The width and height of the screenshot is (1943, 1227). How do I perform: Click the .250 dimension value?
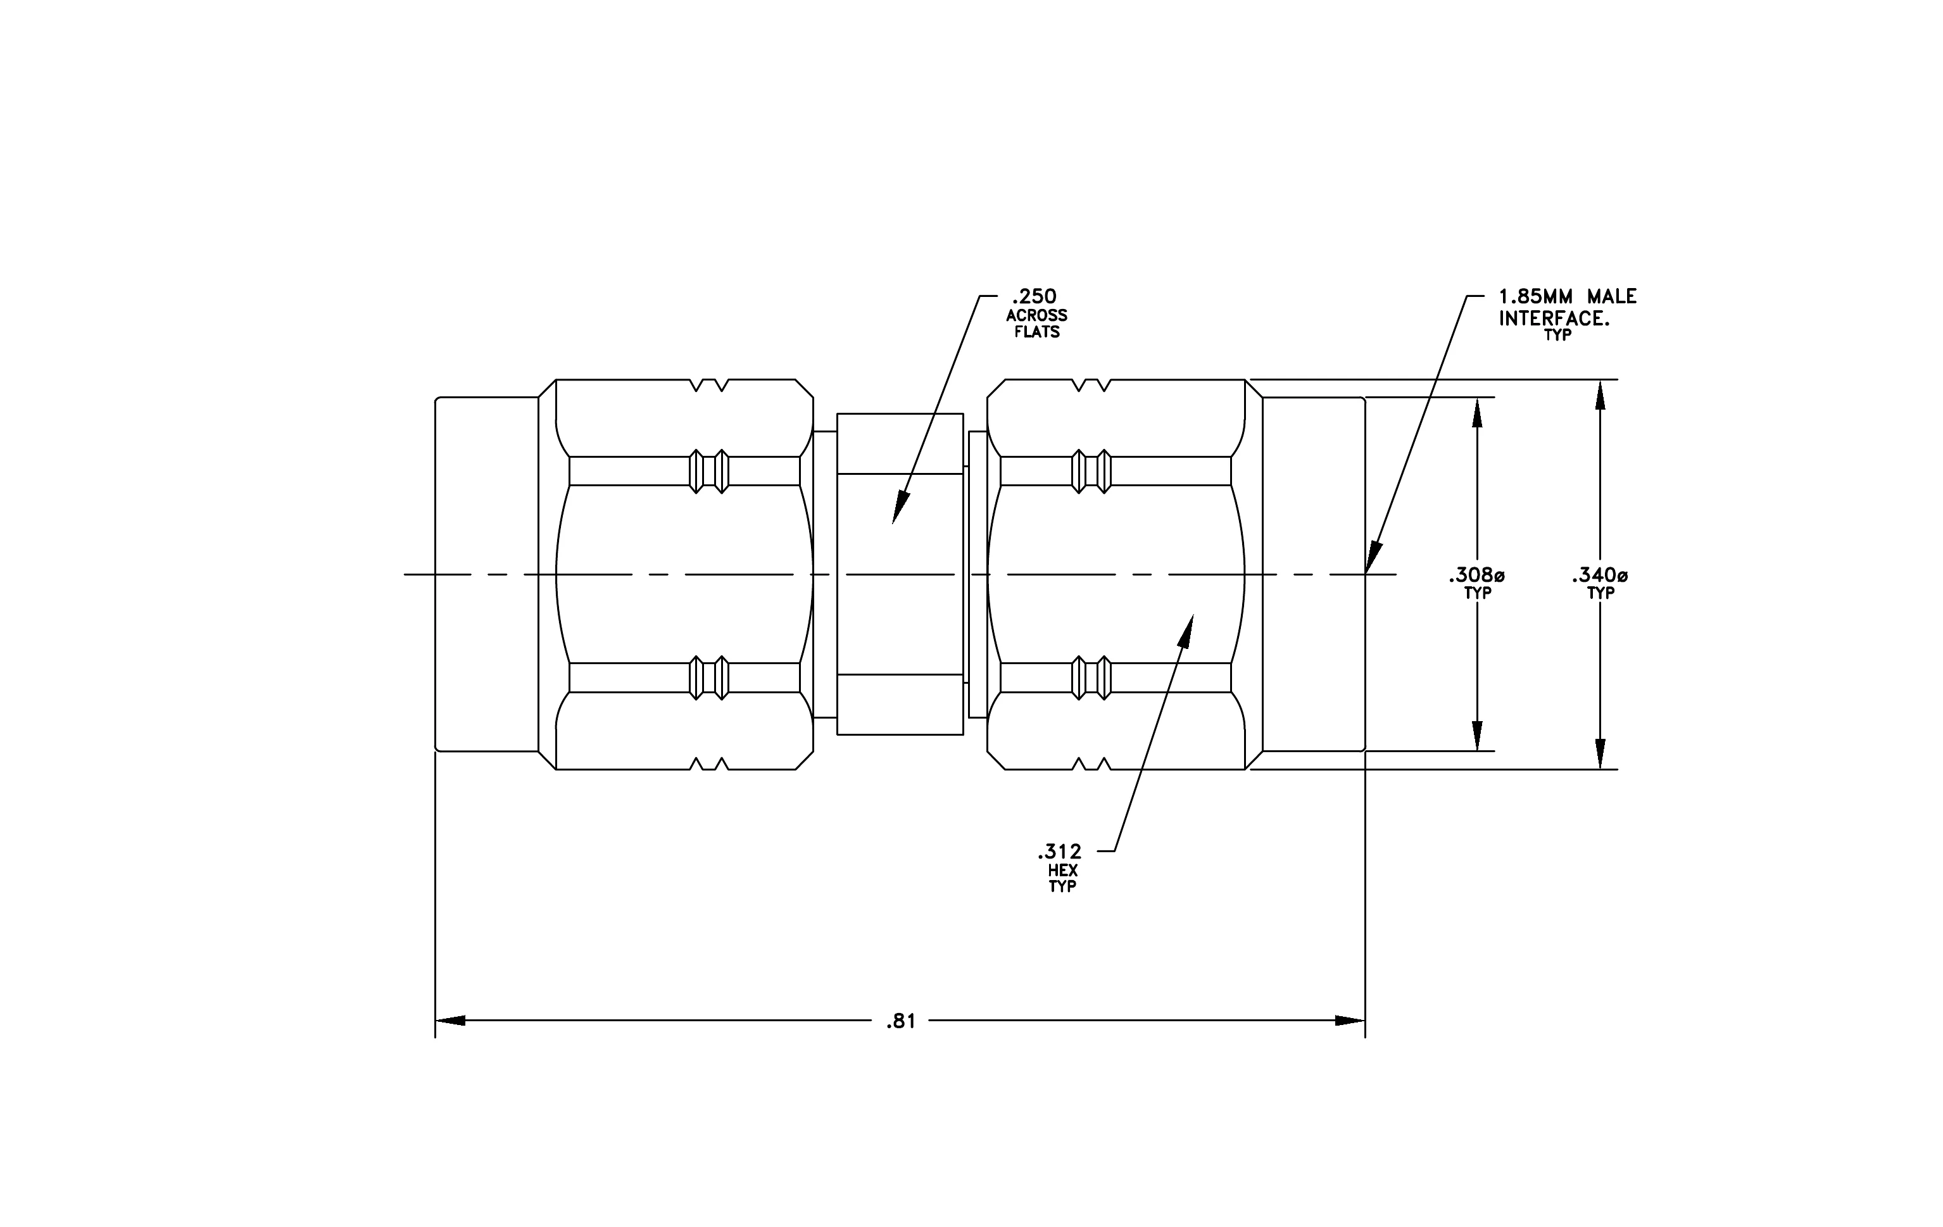[1034, 297]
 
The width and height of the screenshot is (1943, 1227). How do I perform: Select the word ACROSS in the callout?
[1037, 315]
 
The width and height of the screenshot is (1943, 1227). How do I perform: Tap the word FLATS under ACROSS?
[1038, 332]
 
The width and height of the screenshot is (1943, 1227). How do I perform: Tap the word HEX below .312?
[1063, 871]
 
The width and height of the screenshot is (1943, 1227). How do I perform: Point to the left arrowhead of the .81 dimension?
[450, 1021]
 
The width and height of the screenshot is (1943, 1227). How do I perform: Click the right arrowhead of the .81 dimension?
[1350, 1021]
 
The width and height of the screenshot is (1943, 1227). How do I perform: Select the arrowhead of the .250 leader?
[900, 509]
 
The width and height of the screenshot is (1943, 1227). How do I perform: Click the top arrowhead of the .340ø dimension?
[1600, 394]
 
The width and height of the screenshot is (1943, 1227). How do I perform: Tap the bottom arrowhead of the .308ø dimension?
[1476, 736]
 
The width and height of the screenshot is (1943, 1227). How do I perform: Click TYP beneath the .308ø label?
[1478, 594]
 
